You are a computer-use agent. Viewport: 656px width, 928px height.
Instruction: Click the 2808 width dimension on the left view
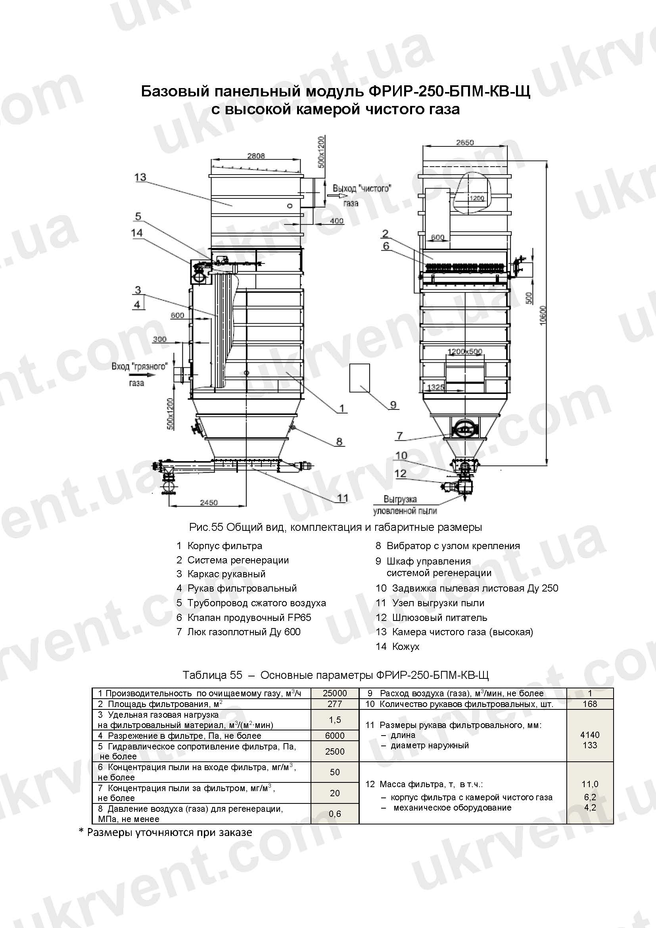click(x=256, y=156)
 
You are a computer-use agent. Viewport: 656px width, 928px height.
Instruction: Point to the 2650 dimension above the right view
click(x=464, y=142)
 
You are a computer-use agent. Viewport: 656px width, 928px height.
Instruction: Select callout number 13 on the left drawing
click(x=140, y=177)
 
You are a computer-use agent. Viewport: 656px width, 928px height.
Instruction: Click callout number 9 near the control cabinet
click(x=393, y=405)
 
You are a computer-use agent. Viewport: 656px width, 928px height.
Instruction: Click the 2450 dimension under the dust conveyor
click(x=209, y=502)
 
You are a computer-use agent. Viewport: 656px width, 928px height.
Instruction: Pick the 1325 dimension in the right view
click(x=435, y=388)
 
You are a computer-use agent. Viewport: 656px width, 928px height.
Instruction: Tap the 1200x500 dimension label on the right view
click(x=464, y=352)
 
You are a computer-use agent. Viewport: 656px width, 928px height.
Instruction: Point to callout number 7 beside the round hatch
click(x=399, y=436)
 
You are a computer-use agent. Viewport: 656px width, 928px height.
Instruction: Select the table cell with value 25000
click(x=334, y=693)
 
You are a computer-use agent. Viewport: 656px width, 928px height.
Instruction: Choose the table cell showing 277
click(x=334, y=704)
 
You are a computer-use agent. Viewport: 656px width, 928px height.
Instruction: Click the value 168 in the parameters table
click(x=589, y=704)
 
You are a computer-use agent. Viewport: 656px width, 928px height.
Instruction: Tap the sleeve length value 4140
click(x=589, y=735)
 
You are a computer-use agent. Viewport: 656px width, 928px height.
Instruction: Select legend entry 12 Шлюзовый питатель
click(x=432, y=618)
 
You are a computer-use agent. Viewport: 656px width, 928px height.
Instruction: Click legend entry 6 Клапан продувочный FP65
click(x=244, y=618)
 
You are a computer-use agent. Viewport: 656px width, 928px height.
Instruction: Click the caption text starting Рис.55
click(x=335, y=527)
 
